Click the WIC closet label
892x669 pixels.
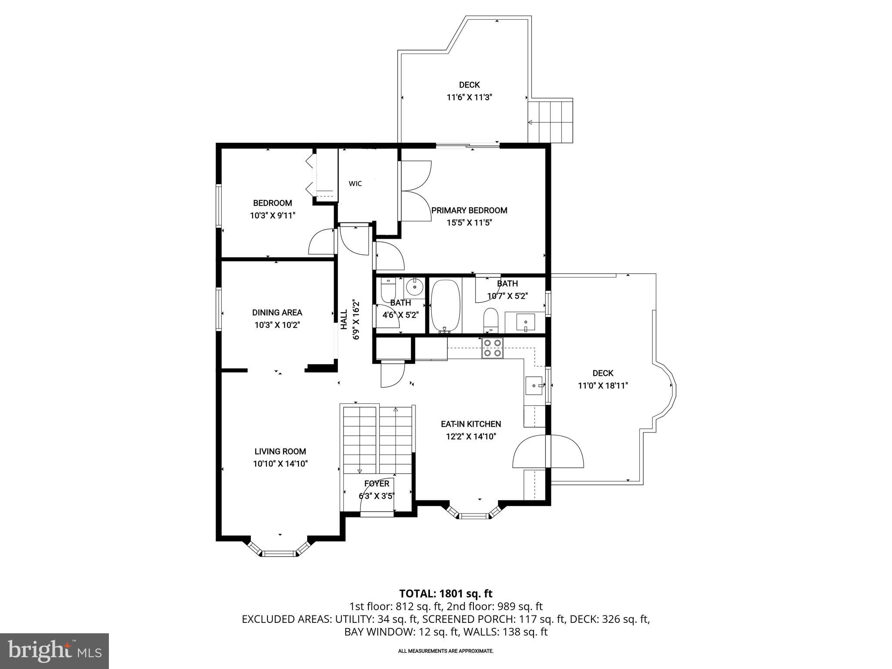click(x=355, y=184)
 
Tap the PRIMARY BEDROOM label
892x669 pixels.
click(x=469, y=210)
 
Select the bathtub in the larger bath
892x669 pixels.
click(x=445, y=306)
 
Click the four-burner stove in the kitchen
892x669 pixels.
click(x=492, y=348)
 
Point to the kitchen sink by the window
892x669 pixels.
click(x=534, y=385)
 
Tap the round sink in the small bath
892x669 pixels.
click(x=414, y=287)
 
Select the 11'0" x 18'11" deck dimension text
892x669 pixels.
click(x=602, y=385)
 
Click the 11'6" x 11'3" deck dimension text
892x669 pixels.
click(x=469, y=97)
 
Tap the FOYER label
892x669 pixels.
click(x=377, y=483)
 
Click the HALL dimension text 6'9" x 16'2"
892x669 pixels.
click(x=356, y=319)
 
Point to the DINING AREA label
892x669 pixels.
click(x=277, y=312)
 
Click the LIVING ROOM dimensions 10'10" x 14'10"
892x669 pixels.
click(x=280, y=464)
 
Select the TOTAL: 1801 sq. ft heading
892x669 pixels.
click(x=446, y=593)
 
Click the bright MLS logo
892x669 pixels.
click(x=54, y=651)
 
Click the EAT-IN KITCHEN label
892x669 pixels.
click(x=471, y=424)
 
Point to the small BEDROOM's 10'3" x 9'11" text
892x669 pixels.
click(x=273, y=215)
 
